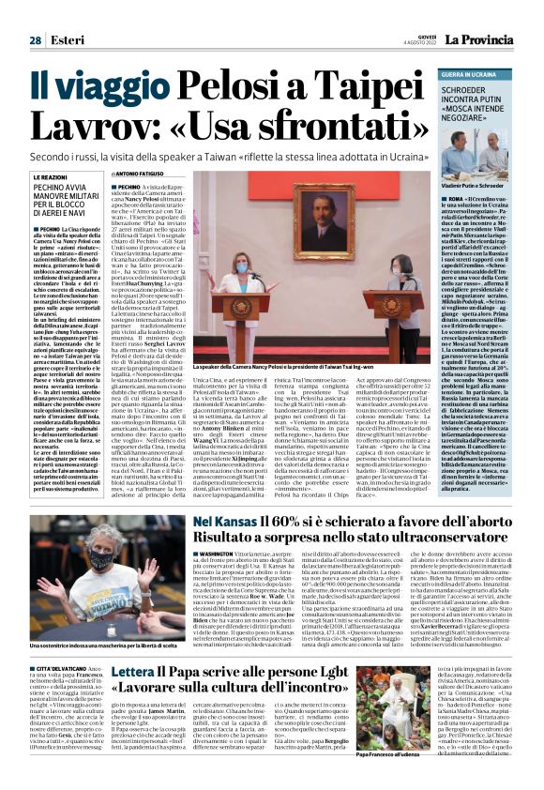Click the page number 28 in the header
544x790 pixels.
click(x=35, y=39)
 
